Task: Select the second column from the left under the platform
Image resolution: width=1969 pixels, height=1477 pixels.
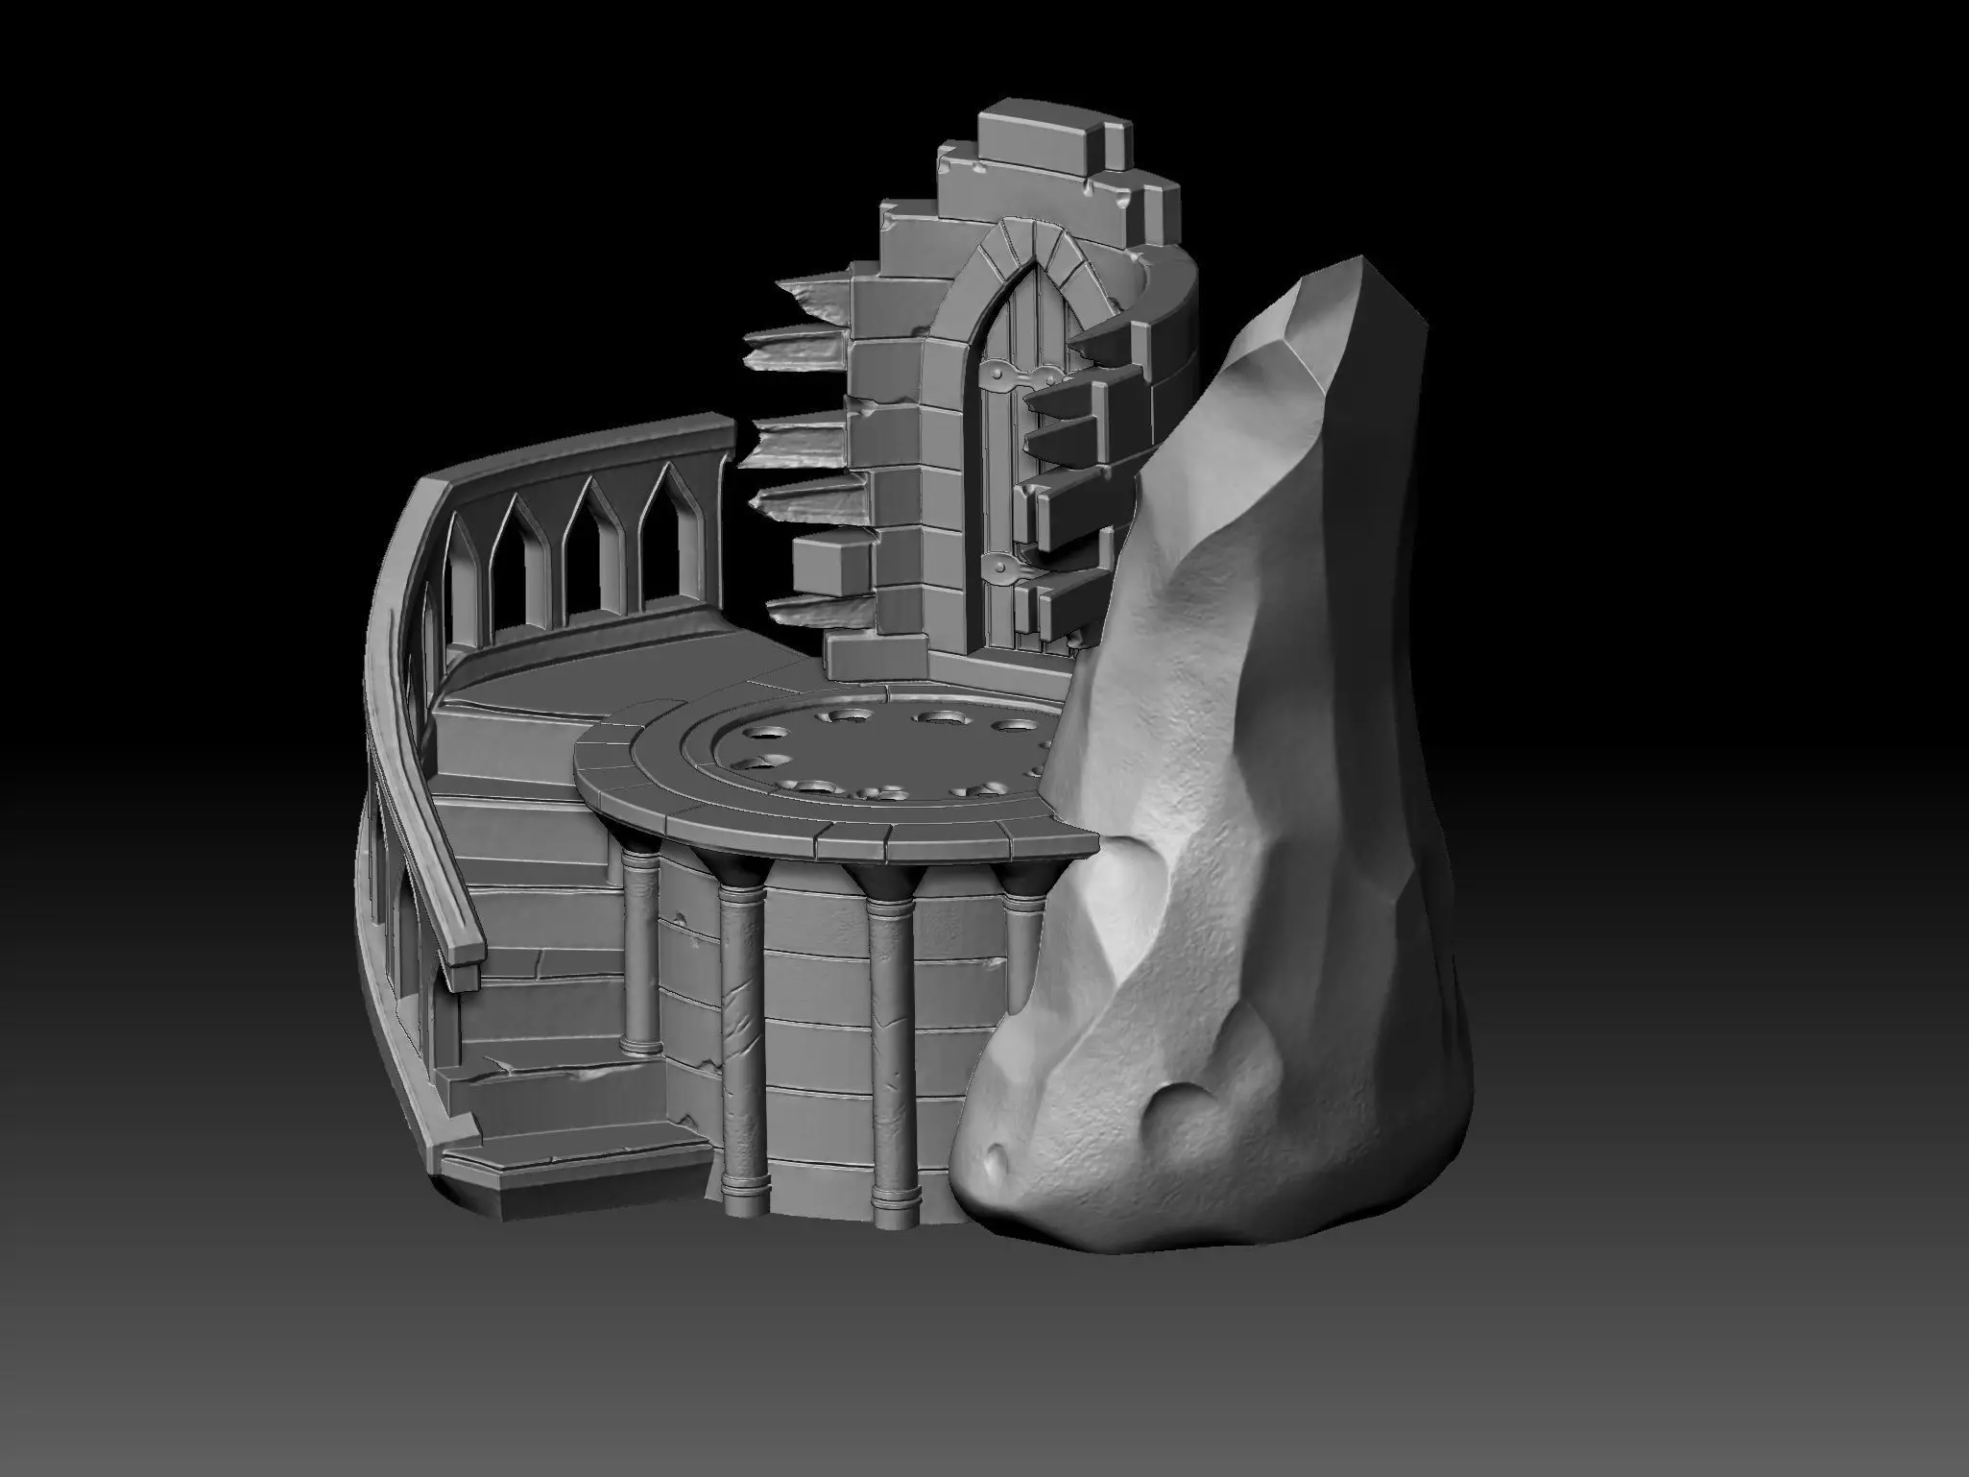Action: coord(742,1008)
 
